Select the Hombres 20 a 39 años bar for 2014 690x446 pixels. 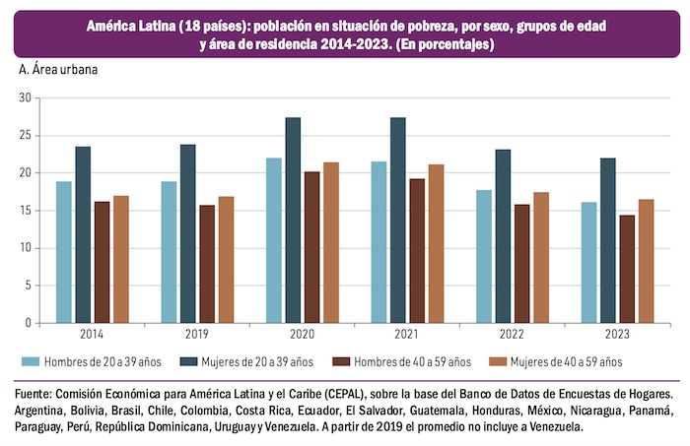coord(64,251)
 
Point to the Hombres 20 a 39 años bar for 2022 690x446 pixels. coord(483,256)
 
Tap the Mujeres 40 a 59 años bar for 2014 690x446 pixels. coord(121,259)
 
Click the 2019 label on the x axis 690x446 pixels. coord(197,335)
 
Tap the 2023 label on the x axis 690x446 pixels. coord(618,335)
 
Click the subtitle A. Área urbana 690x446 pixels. coord(58,70)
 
